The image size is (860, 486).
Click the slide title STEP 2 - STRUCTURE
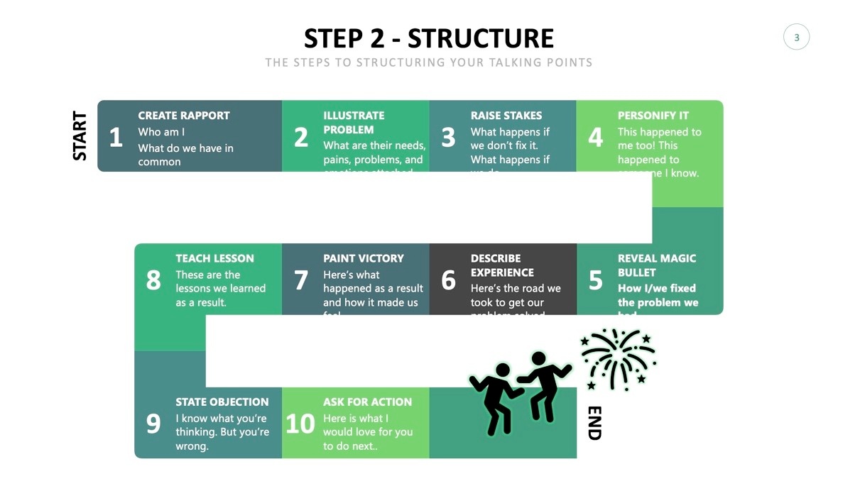429,38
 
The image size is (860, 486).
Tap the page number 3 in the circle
796,38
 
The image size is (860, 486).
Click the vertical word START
80,136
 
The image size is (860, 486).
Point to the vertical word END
595,423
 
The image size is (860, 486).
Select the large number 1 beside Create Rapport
116,137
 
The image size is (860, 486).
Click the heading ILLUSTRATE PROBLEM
354,122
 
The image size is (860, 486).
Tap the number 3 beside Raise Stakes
448,137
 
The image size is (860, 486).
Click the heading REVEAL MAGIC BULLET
657,265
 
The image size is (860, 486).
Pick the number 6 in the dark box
448,280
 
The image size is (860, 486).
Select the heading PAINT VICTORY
364,258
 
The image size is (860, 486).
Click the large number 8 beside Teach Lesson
153,280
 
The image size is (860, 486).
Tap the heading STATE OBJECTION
222,402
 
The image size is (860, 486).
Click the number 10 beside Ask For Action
300,424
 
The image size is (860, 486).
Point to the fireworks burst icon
619,358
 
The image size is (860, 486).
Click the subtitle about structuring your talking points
429,62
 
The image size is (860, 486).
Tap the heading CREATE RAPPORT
184,115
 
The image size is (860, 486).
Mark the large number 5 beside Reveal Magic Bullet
595,280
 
